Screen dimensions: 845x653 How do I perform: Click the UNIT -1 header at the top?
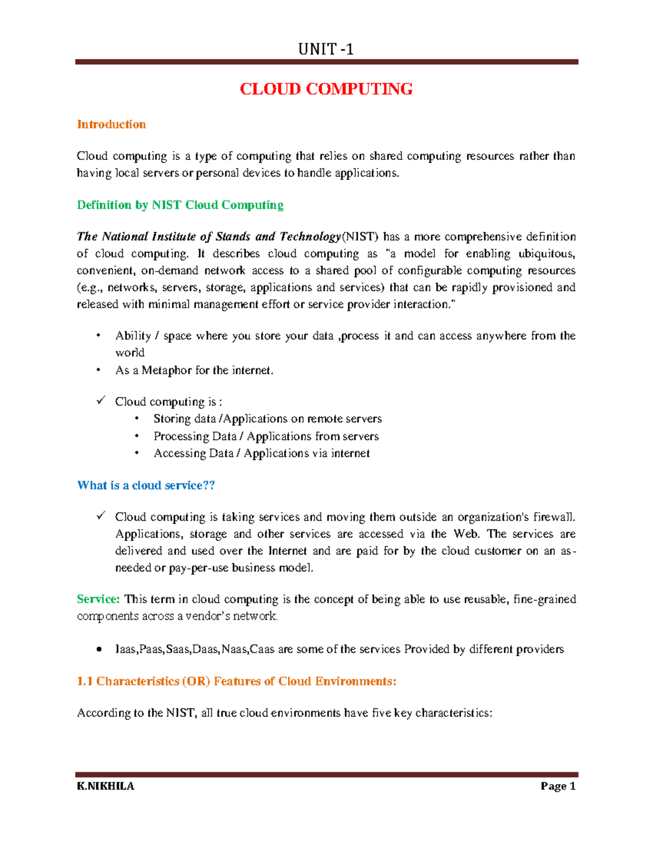pyautogui.click(x=326, y=50)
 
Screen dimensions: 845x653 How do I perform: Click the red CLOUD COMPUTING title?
pyautogui.click(x=326, y=89)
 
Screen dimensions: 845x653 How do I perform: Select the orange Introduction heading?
pyautogui.click(x=111, y=125)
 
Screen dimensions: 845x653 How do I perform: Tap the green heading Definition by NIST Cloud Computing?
pyautogui.click(x=180, y=205)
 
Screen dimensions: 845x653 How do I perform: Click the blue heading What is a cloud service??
pyautogui.click(x=146, y=485)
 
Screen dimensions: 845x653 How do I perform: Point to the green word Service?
pyautogui.click(x=98, y=599)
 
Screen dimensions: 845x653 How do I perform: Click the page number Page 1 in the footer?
pyautogui.click(x=558, y=786)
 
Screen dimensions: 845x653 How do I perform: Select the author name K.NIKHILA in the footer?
pyautogui.click(x=106, y=786)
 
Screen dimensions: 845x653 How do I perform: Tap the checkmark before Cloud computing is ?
pyautogui.click(x=101, y=400)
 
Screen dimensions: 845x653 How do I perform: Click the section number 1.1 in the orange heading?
pyautogui.click(x=85, y=681)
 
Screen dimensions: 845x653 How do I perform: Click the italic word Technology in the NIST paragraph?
pyautogui.click(x=310, y=237)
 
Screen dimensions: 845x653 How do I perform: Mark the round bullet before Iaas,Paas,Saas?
pyautogui.click(x=98, y=649)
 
